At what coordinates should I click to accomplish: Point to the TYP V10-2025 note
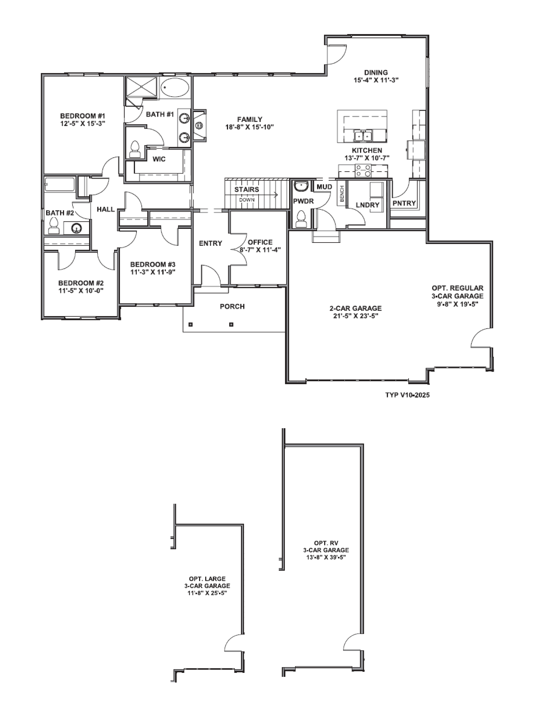(407, 395)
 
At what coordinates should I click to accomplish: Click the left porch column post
(191, 324)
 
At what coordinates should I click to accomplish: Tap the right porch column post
(231, 324)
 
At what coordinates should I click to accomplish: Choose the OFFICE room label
(260, 242)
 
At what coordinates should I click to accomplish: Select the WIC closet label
(159, 159)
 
